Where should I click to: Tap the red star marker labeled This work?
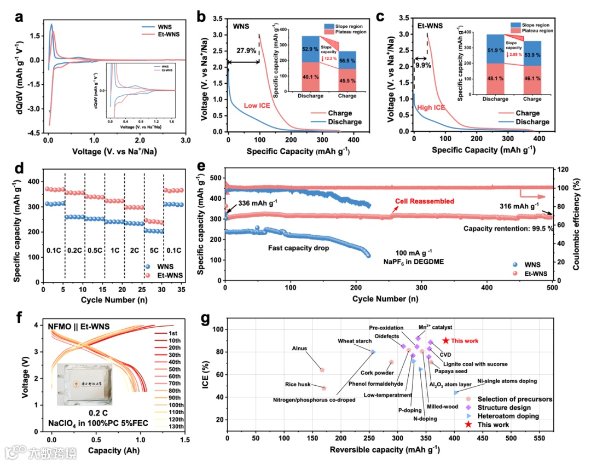(x=445, y=340)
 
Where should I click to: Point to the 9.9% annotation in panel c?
(x=423, y=65)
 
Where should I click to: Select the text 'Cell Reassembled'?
(x=424, y=201)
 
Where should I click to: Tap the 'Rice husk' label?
(x=298, y=385)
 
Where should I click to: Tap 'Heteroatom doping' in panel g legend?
(x=505, y=416)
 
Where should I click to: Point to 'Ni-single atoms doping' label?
(x=507, y=381)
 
